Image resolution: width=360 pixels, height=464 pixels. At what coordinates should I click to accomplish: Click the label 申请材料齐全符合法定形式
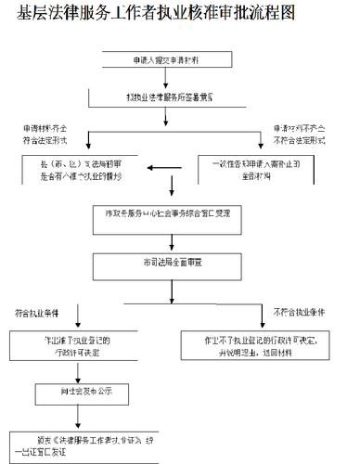tap(46, 134)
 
